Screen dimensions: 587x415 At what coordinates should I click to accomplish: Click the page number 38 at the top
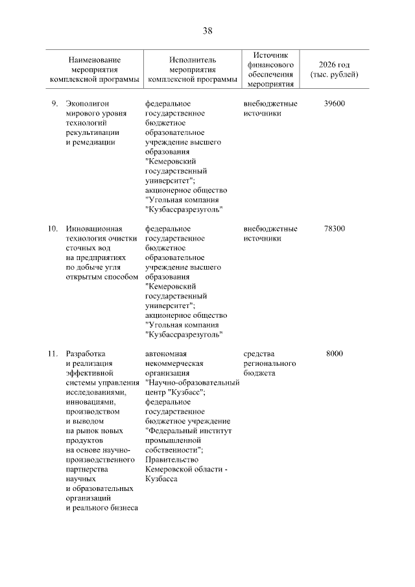tap(207, 30)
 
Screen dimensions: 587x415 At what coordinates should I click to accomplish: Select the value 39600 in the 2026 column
tap(334, 103)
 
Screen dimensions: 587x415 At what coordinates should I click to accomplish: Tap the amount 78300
tap(334, 228)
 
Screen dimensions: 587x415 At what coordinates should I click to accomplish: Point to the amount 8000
tap(334, 353)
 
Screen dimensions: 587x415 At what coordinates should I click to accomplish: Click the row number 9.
tap(54, 103)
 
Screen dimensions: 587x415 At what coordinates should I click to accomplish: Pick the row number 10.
tap(53, 228)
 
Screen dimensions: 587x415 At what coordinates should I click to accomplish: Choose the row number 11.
tap(53, 353)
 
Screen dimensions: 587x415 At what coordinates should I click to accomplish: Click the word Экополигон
tap(87, 103)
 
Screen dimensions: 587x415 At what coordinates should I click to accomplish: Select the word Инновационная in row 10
tap(94, 228)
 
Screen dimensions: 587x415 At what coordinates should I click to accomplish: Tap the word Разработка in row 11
tap(85, 353)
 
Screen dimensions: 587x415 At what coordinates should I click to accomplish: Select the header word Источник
tap(270, 56)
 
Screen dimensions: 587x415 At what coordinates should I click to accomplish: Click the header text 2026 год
tap(334, 65)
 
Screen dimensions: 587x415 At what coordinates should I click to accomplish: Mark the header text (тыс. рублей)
tap(334, 75)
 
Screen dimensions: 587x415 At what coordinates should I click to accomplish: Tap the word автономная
tap(167, 353)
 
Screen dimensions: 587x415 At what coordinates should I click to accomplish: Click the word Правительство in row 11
tap(172, 459)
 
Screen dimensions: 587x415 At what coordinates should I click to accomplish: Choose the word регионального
tap(270, 363)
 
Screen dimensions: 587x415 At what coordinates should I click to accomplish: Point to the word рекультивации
tap(93, 132)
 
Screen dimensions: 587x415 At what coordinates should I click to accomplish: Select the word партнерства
tap(88, 469)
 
